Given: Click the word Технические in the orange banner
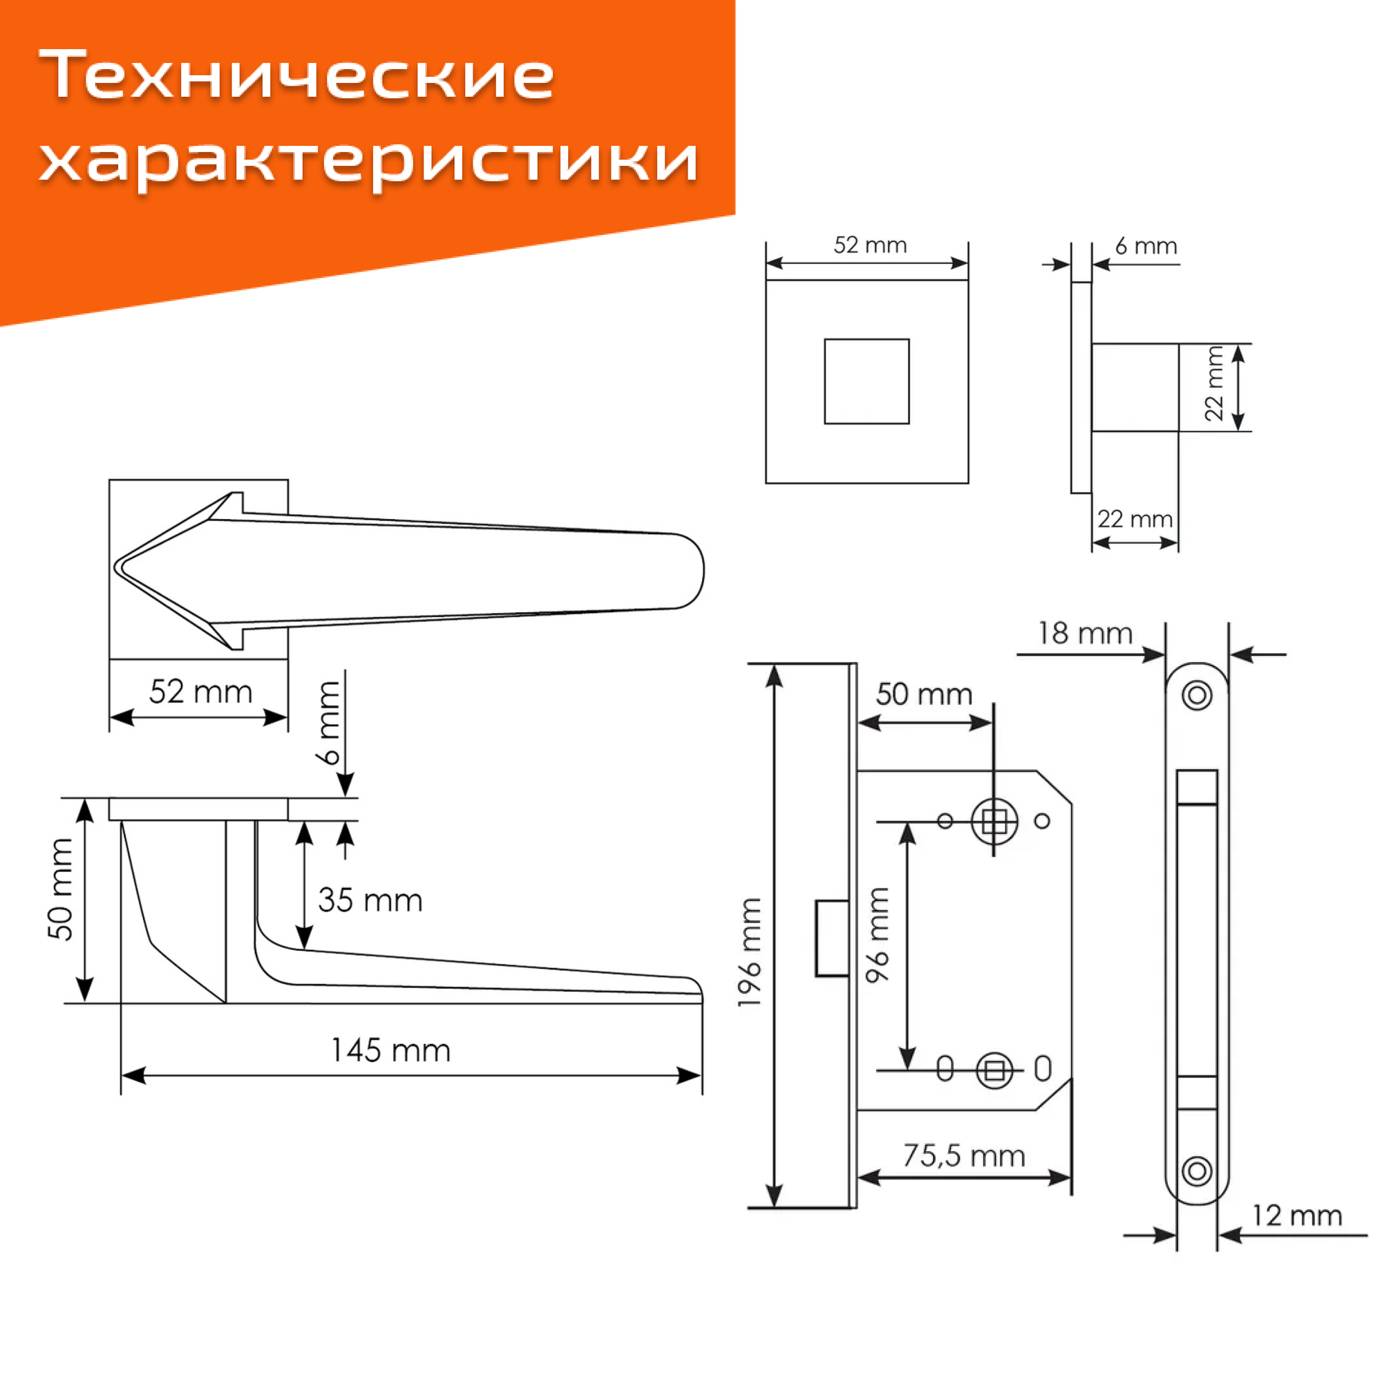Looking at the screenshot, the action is [296, 75].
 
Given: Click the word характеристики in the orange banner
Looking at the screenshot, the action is [368, 159].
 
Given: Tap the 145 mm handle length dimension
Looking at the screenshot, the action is [390, 1051].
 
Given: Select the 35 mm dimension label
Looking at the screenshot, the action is [370, 900].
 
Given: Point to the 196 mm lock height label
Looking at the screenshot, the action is [750, 953].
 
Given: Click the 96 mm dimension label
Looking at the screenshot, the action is [878, 935].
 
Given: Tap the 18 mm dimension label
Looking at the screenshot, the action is [1084, 634].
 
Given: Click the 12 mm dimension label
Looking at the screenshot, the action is [1296, 1216].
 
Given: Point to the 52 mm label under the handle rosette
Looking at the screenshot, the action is [200, 692].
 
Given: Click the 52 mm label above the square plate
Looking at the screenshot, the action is [870, 245].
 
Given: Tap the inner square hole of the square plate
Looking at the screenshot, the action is [867, 381].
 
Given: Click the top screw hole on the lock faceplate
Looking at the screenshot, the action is [1197, 694].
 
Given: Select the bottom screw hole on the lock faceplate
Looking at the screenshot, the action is [1197, 1172].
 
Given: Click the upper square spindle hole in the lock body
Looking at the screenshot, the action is [994, 821].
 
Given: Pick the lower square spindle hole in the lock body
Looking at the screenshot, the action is [994, 1071].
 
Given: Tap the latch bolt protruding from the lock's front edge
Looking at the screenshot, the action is [832, 938].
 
